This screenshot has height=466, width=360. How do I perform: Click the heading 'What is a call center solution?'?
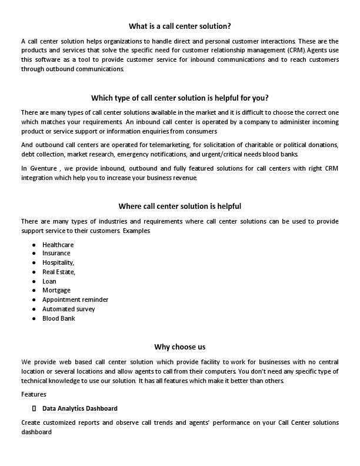pos(179,26)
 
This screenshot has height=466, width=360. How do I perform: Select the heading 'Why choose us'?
pos(179,347)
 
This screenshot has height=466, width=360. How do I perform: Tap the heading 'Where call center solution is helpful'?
pos(179,206)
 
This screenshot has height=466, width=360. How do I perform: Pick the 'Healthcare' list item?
pos(58,244)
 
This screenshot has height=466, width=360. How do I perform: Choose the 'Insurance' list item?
pos(56,254)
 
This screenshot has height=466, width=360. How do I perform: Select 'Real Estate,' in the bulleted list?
pos(59,272)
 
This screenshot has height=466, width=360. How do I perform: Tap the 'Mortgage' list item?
pos(56,290)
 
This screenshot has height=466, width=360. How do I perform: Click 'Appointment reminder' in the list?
pos(75,299)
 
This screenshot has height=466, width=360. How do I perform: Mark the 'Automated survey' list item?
pos(68,309)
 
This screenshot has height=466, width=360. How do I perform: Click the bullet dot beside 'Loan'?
pos(34,281)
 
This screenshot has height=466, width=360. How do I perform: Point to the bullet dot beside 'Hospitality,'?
pos(34,263)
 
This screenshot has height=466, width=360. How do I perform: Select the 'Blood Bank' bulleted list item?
pos(58,318)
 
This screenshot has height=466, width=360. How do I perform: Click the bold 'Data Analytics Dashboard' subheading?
pos(79,408)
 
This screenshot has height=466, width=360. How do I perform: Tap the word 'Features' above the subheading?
pos(34,394)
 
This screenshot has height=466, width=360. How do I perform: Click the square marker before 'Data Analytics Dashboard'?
pos(34,408)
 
